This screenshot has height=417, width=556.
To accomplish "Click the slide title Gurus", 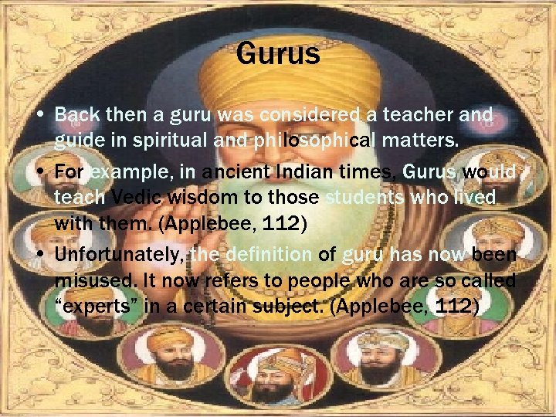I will point(278,55).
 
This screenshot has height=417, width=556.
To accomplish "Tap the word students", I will point(364,198).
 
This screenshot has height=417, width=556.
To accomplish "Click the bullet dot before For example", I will point(39,171).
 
